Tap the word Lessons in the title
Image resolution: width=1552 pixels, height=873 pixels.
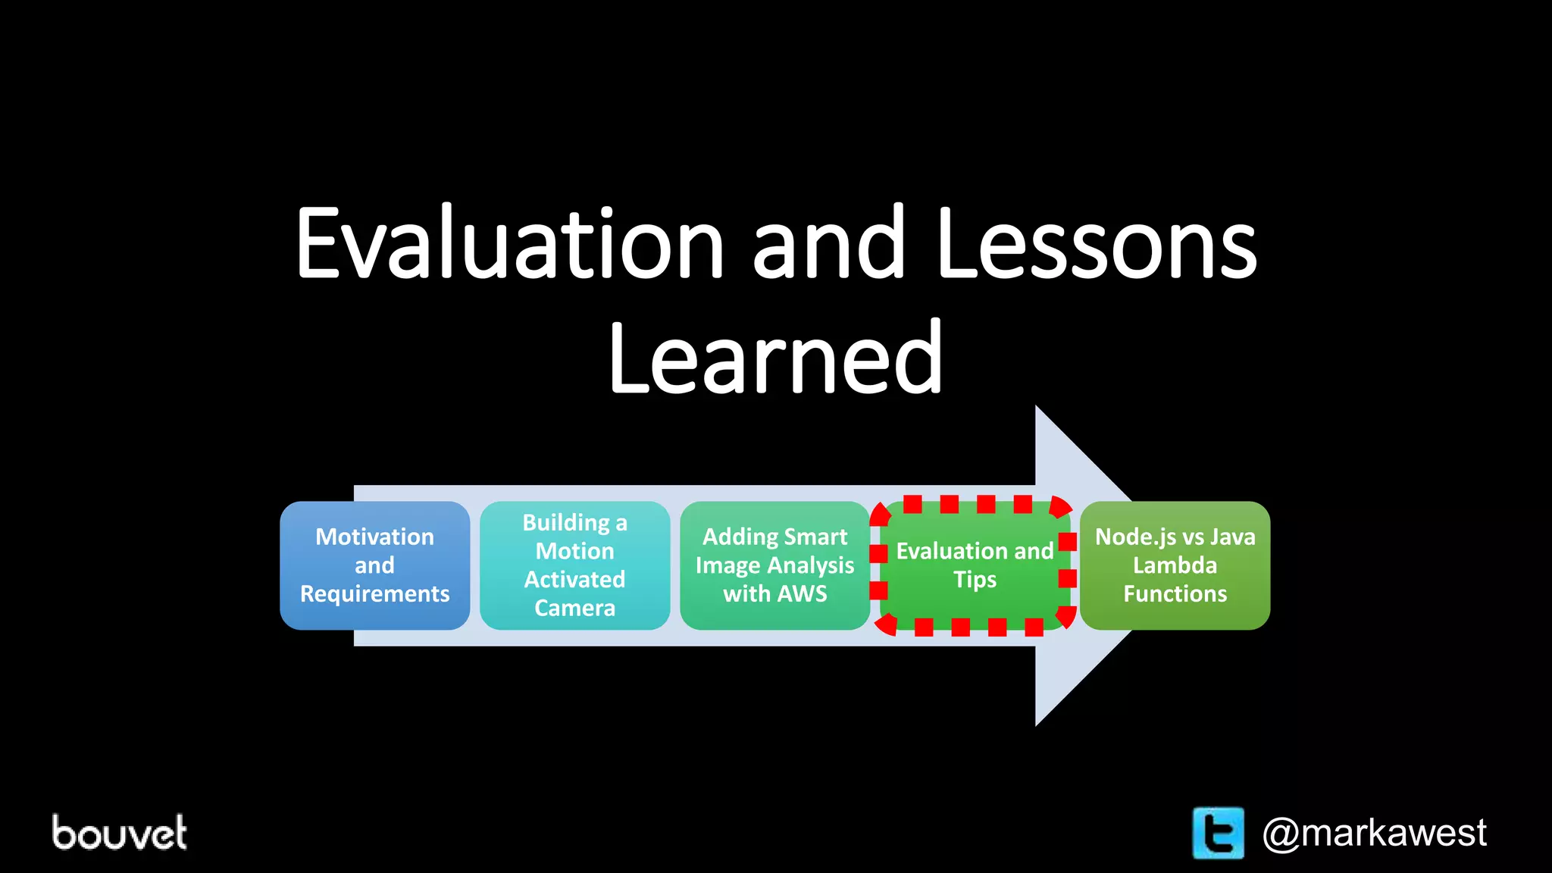point(1096,244)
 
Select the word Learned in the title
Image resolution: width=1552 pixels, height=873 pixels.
point(775,358)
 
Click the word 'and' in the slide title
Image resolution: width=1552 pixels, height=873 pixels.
point(829,244)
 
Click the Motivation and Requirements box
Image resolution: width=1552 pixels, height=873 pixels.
point(374,565)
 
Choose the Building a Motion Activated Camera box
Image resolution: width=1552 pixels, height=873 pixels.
point(574,565)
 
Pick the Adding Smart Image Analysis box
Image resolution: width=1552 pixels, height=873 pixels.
point(774,565)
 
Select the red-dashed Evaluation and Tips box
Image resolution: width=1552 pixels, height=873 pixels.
point(975,565)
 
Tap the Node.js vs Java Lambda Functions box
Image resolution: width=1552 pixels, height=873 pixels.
point(1175,565)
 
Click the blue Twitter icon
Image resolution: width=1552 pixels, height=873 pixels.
point(1218,833)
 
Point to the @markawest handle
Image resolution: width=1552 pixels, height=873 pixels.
point(1374,833)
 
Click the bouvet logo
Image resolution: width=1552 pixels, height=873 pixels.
point(119,833)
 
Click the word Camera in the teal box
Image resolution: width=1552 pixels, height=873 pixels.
point(574,608)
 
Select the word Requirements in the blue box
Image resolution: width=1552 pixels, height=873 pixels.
point(374,593)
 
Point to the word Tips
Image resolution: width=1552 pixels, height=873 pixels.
point(975,580)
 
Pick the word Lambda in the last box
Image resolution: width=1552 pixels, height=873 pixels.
point(1175,565)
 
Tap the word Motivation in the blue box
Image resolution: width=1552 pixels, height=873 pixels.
point(374,537)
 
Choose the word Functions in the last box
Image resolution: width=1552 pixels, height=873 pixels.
point(1175,593)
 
